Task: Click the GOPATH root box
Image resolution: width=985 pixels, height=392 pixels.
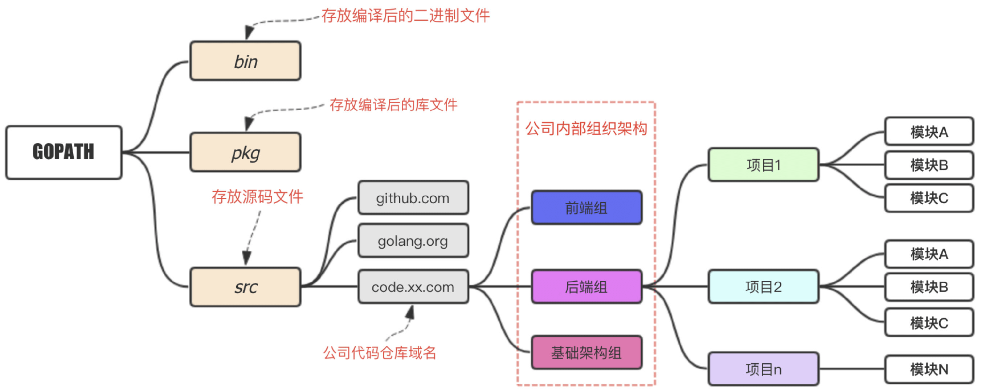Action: (64, 152)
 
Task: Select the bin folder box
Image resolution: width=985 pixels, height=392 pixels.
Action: (245, 61)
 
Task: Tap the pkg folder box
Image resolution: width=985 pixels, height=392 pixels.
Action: (245, 152)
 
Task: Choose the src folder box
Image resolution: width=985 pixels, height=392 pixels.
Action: (245, 287)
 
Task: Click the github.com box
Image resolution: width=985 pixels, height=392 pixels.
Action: (413, 198)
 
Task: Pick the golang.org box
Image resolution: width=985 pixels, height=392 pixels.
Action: (413, 241)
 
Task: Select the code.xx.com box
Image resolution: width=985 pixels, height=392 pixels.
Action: (413, 286)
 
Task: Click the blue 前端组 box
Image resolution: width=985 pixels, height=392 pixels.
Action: (586, 208)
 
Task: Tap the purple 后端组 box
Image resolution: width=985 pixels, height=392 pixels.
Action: (586, 286)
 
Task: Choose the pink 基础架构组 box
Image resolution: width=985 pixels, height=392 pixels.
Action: (586, 352)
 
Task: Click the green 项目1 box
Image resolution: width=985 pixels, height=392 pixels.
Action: (763, 165)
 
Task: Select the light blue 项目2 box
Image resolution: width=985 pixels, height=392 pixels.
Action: (763, 286)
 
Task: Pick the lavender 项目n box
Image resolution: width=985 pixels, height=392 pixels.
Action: (763, 369)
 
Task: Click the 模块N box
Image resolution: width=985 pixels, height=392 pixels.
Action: (929, 369)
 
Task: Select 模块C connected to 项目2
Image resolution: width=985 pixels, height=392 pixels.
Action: (929, 323)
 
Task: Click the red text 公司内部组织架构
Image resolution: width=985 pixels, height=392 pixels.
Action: (586, 128)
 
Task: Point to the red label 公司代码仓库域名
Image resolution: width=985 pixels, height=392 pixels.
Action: (380, 352)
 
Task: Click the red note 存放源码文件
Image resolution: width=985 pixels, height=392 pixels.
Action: (257, 197)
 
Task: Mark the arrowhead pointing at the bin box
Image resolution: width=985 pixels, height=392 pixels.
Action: (249, 33)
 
